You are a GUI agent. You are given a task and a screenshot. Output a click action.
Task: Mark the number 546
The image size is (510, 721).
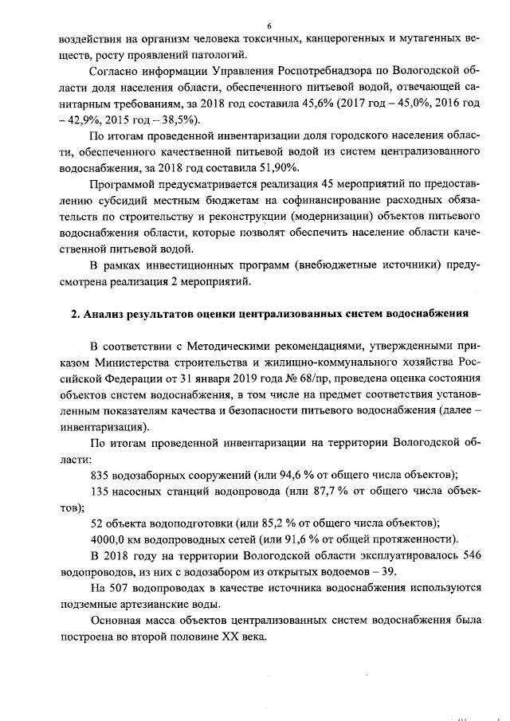469,555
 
